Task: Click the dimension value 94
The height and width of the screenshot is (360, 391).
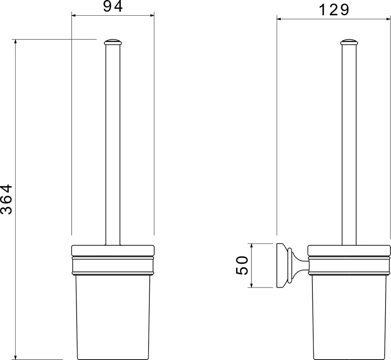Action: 113,7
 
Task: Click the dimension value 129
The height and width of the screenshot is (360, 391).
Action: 334,10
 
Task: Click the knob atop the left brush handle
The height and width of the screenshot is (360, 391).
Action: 113,42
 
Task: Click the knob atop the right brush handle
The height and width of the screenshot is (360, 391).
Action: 349,42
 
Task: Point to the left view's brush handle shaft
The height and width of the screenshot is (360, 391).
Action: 113,145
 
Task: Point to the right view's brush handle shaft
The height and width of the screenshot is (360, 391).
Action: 349,145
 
